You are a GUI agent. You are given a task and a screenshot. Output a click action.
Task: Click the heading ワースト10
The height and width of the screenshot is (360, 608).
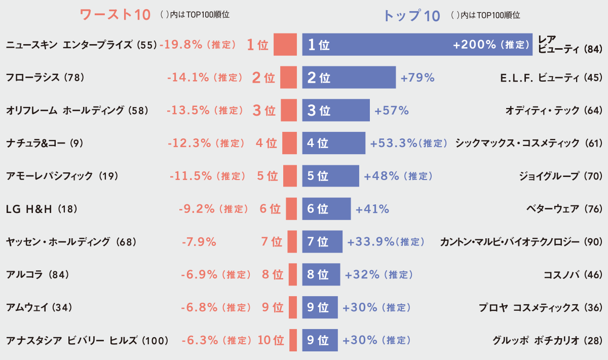point(116,15)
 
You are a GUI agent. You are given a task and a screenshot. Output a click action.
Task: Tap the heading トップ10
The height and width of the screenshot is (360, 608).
point(411,16)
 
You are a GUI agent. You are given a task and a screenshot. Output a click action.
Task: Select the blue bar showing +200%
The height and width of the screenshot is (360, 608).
point(417,45)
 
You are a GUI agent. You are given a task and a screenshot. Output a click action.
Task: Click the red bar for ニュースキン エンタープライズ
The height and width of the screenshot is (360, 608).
point(285,45)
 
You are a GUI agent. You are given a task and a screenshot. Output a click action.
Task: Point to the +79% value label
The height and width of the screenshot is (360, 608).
point(417,78)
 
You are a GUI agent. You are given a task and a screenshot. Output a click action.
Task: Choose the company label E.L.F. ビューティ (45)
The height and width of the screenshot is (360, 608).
point(551,78)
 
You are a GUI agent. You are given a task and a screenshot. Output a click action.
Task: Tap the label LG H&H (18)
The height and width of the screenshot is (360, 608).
point(42,209)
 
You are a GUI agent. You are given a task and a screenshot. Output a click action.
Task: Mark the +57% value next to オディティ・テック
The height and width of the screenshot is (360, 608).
point(391,111)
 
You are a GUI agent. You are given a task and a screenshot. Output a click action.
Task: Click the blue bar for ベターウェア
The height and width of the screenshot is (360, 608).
point(326,209)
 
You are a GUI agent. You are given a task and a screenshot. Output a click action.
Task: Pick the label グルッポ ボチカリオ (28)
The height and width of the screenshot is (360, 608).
point(548,340)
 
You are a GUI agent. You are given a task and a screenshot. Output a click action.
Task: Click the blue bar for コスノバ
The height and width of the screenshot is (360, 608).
point(321,274)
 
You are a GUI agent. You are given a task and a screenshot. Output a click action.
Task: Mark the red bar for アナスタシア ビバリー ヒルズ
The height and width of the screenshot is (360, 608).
point(293,340)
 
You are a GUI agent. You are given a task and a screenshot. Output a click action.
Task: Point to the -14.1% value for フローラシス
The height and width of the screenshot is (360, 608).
point(188,78)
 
